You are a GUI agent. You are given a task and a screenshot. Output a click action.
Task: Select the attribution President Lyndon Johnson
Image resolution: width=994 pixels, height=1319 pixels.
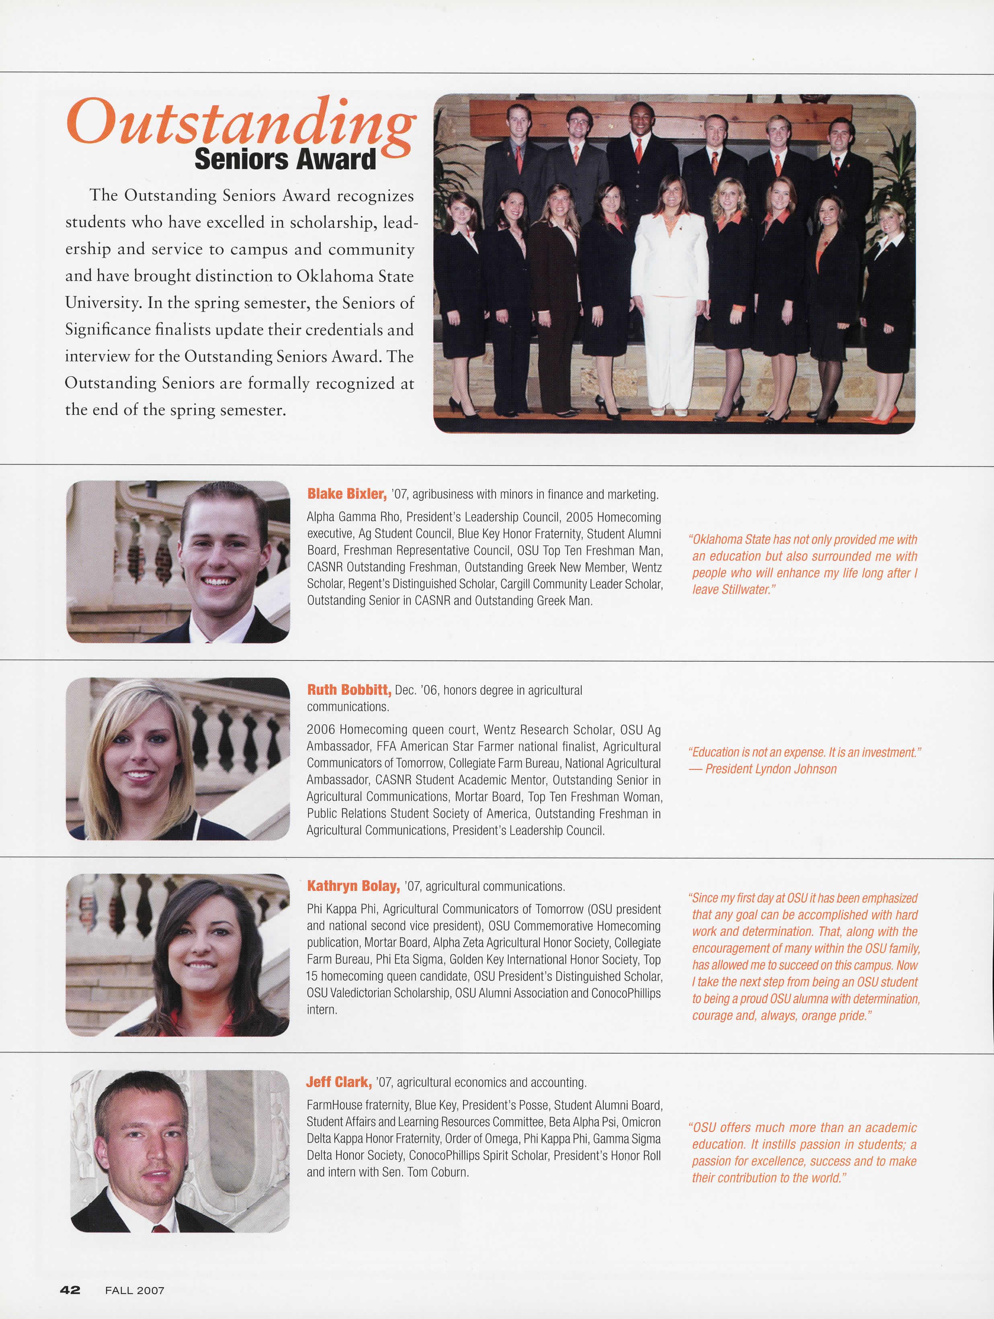tap(771, 769)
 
